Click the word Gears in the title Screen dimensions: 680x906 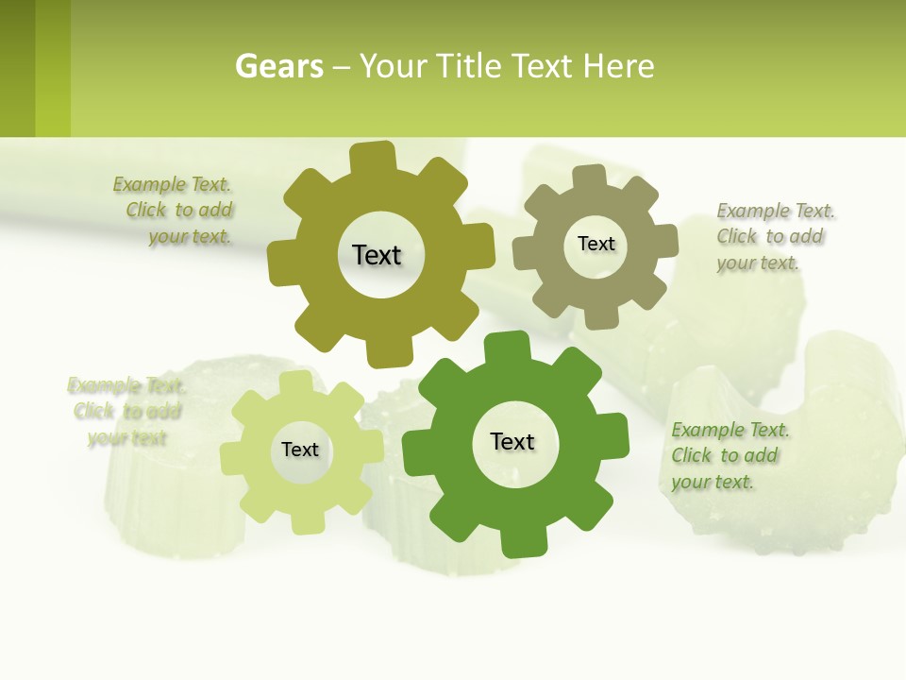279,66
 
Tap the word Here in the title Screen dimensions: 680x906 618,66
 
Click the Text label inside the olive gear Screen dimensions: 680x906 377,255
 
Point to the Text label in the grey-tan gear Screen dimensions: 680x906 596,244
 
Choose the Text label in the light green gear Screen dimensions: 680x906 300,450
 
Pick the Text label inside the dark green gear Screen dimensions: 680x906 512,441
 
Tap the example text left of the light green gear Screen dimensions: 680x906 126,411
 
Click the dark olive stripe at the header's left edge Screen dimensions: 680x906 17,68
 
